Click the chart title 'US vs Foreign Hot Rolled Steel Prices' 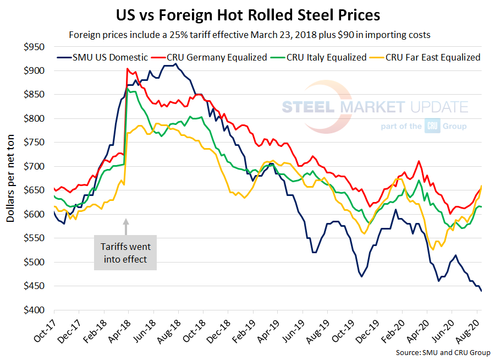pos(248,13)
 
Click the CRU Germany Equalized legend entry pos(212,57)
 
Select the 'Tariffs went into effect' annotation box pos(126,253)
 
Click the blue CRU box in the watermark pos(431,126)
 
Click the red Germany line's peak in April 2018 pos(128,69)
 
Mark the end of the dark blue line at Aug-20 pos(482,291)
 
